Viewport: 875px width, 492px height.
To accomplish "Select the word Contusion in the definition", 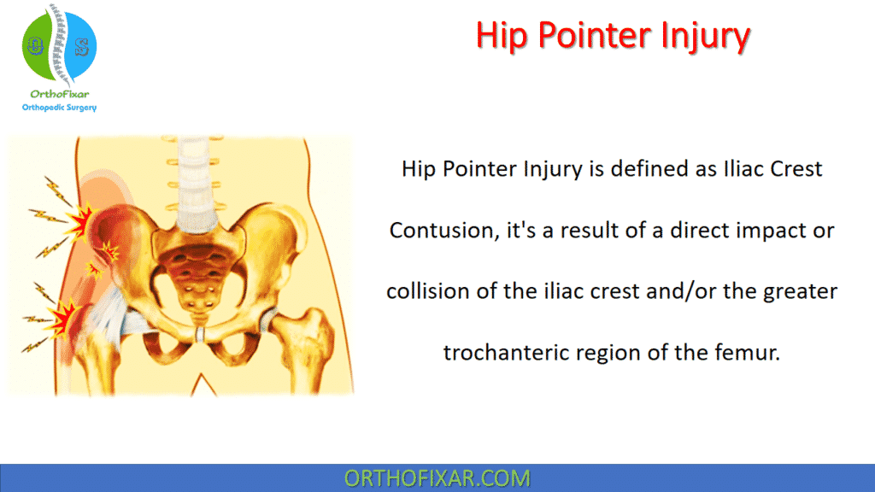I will tap(440, 231).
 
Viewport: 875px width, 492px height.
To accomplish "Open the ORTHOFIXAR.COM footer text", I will tap(437, 478).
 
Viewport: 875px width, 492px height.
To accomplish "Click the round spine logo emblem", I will tap(59, 47).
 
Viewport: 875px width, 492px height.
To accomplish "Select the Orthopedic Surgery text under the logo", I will tap(59, 108).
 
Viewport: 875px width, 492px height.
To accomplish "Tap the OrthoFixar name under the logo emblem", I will tap(59, 94).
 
